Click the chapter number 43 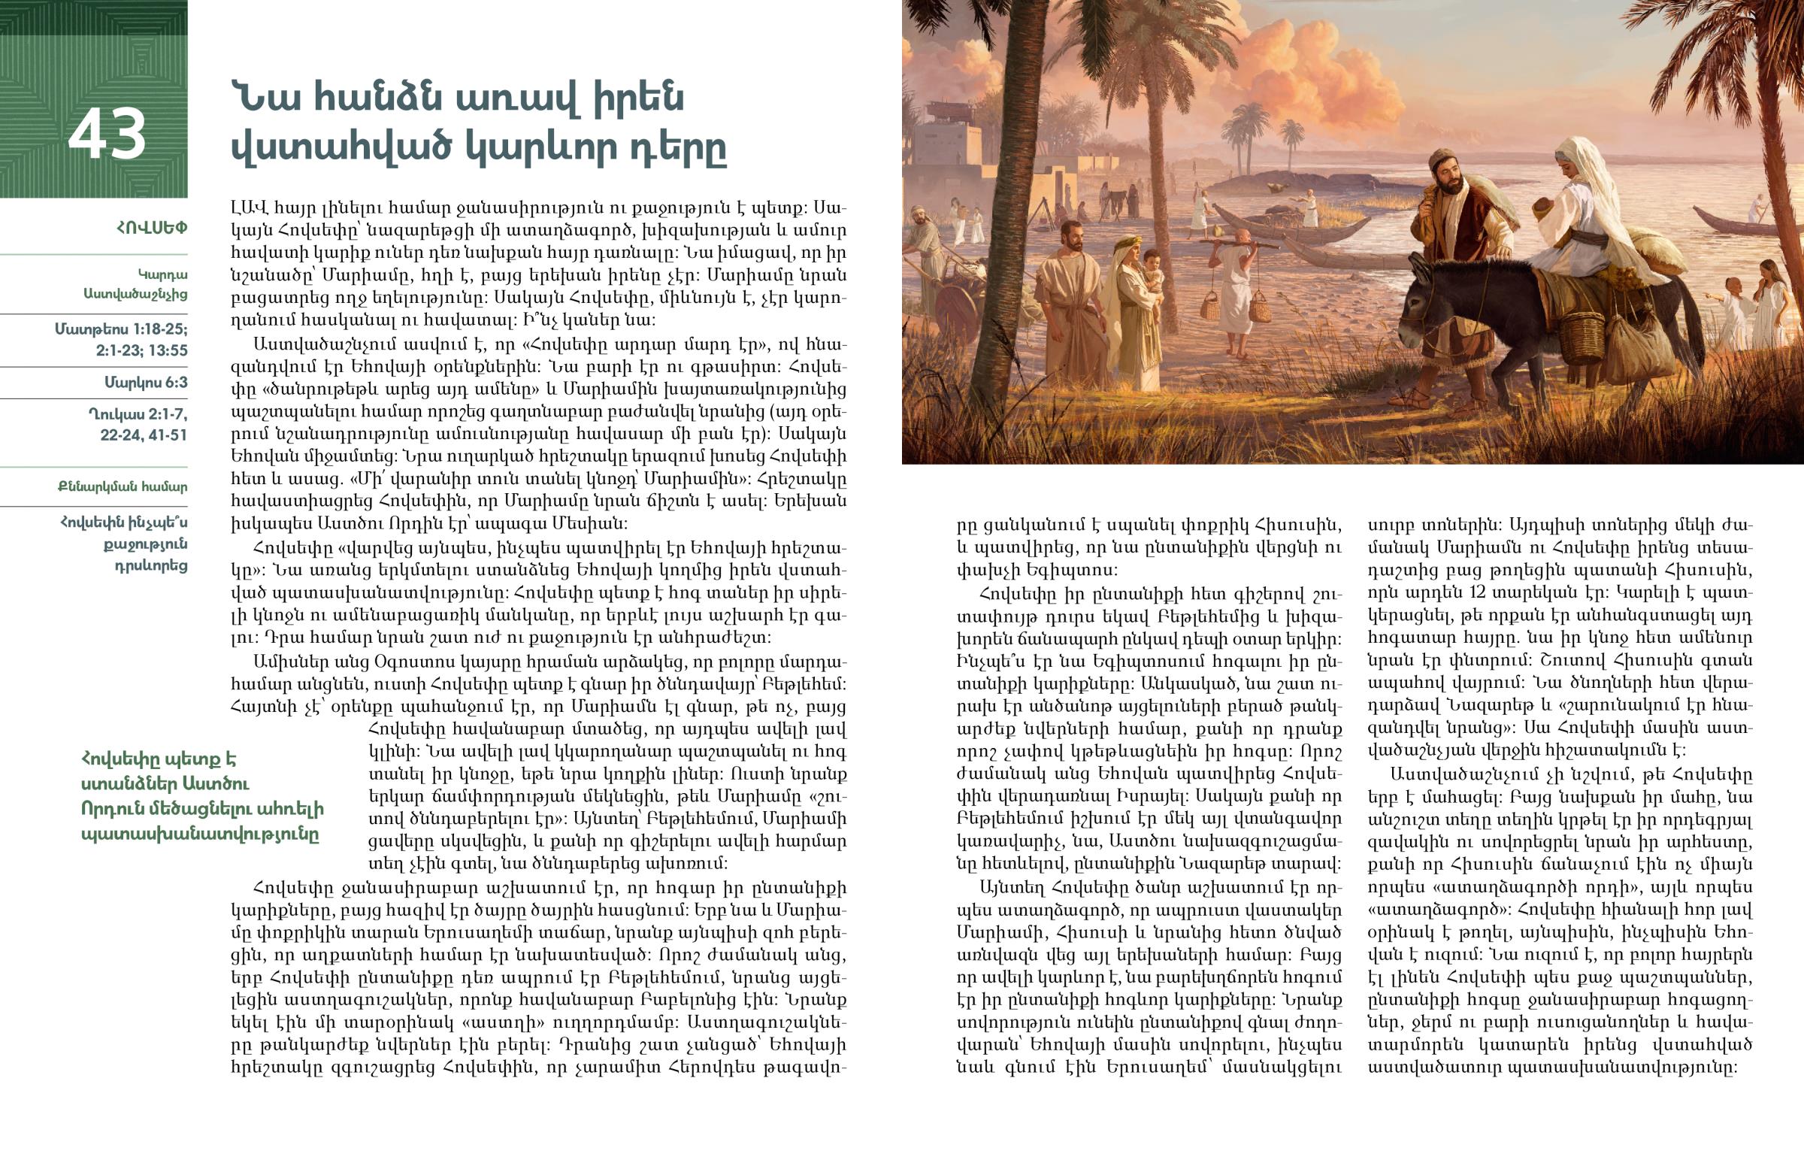point(107,134)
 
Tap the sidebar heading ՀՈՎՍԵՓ point(151,228)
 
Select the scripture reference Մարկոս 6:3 point(145,383)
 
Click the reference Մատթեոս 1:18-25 point(120,329)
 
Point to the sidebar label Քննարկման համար point(122,486)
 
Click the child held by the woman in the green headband point(1153,271)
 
